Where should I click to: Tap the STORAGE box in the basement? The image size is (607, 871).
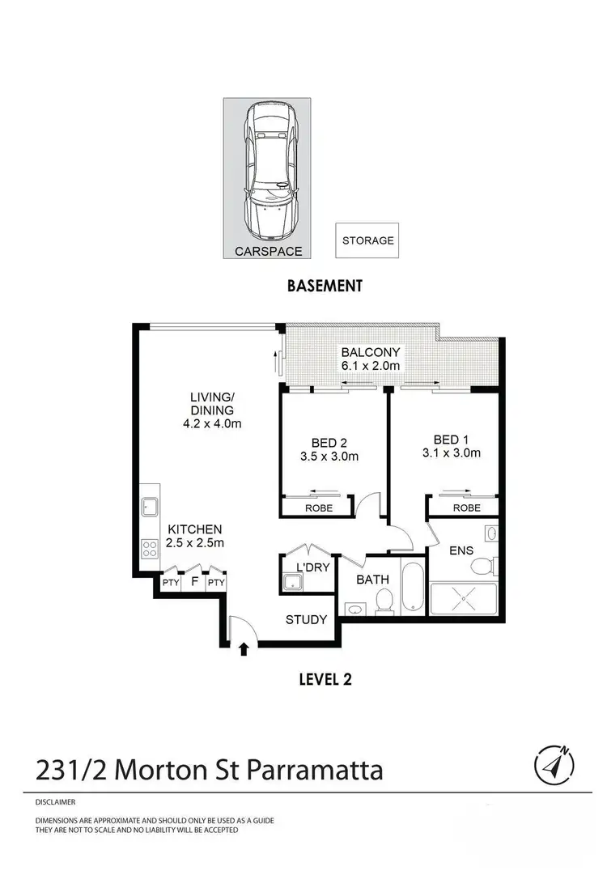pyautogui.click(x=367, y=240)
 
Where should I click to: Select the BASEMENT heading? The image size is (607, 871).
pyautogui.click(x=324, y=286)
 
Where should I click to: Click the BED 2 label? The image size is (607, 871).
pyautogui.click(x=329, y=442)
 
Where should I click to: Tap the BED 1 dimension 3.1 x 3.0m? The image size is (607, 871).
pyautogui.click(x=452, y=453)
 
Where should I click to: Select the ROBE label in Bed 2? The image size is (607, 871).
pyautogui.click(x=317, y=508)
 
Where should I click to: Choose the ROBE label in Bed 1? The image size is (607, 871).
pyautogui.click(x=466, y=508)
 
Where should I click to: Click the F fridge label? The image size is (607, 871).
pyautogui.click(x=194, y=581)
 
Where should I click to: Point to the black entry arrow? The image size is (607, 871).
pyautogui.click(x=244, y=648)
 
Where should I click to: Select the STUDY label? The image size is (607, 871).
pyautogui.click(x=307, y=620)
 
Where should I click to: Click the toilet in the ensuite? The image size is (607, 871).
pyautogui.click(x=483, y=564)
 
